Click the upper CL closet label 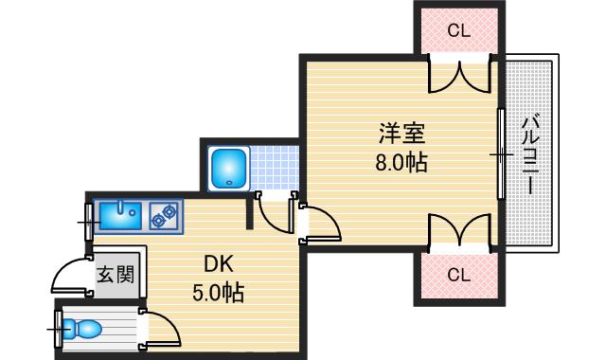coord(458,30)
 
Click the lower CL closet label coord(458,276)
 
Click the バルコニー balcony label coord(530,154)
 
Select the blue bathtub coord(227,168)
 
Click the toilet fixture coord(84,329)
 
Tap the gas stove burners coord(165,217)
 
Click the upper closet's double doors coord(461,77)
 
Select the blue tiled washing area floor coord(271,168)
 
